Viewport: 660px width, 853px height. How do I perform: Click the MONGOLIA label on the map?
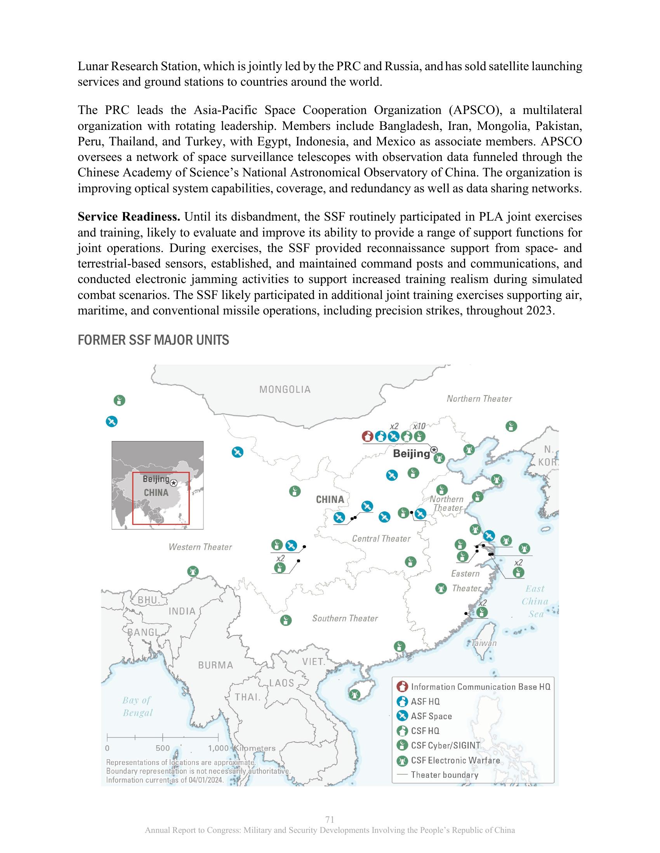tap(285, 389)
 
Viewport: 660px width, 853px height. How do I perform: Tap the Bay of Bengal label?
tap(137, 706)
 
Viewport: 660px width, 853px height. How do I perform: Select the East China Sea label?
tap(535, 601)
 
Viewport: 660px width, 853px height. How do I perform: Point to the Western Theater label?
tap(200, 547)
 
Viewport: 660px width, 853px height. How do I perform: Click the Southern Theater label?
tap(345, 618)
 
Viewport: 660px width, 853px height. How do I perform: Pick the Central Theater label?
tap(381, 539)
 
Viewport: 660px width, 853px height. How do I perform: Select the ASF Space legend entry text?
tap(431, 716)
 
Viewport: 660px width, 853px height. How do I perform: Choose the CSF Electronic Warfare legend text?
tap(455, 760)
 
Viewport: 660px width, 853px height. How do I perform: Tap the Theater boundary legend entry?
tap(445, 775)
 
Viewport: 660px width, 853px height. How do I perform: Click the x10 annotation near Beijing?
tap(419, 426)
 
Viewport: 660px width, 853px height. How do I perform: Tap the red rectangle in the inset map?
tap(161, 498)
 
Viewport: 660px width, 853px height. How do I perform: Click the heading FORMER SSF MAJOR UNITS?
tap(153, 340)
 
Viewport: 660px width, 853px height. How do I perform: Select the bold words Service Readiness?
tap(129, 217)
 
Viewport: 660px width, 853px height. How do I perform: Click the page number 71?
tap(330, 819)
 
